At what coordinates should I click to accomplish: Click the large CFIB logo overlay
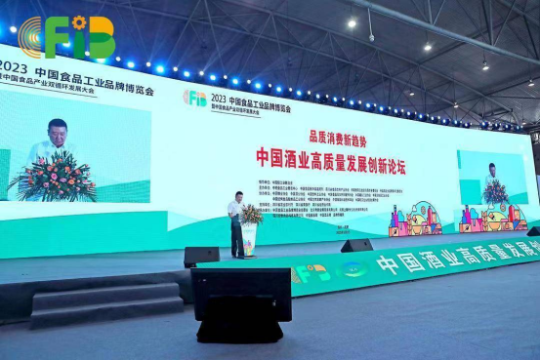[x=67, y=37]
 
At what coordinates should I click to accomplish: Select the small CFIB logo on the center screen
[x=195, y=98]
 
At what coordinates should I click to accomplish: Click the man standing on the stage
[x=236, y=223]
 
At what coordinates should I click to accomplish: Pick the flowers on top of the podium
[x=251, y=214]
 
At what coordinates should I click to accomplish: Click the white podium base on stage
[x=250, y=240]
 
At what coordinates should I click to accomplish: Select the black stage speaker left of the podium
[x=201, y=256]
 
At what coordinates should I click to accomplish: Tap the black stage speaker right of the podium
[x=356, y=246]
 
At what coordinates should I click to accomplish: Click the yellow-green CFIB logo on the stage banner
[x=312, y=274]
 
